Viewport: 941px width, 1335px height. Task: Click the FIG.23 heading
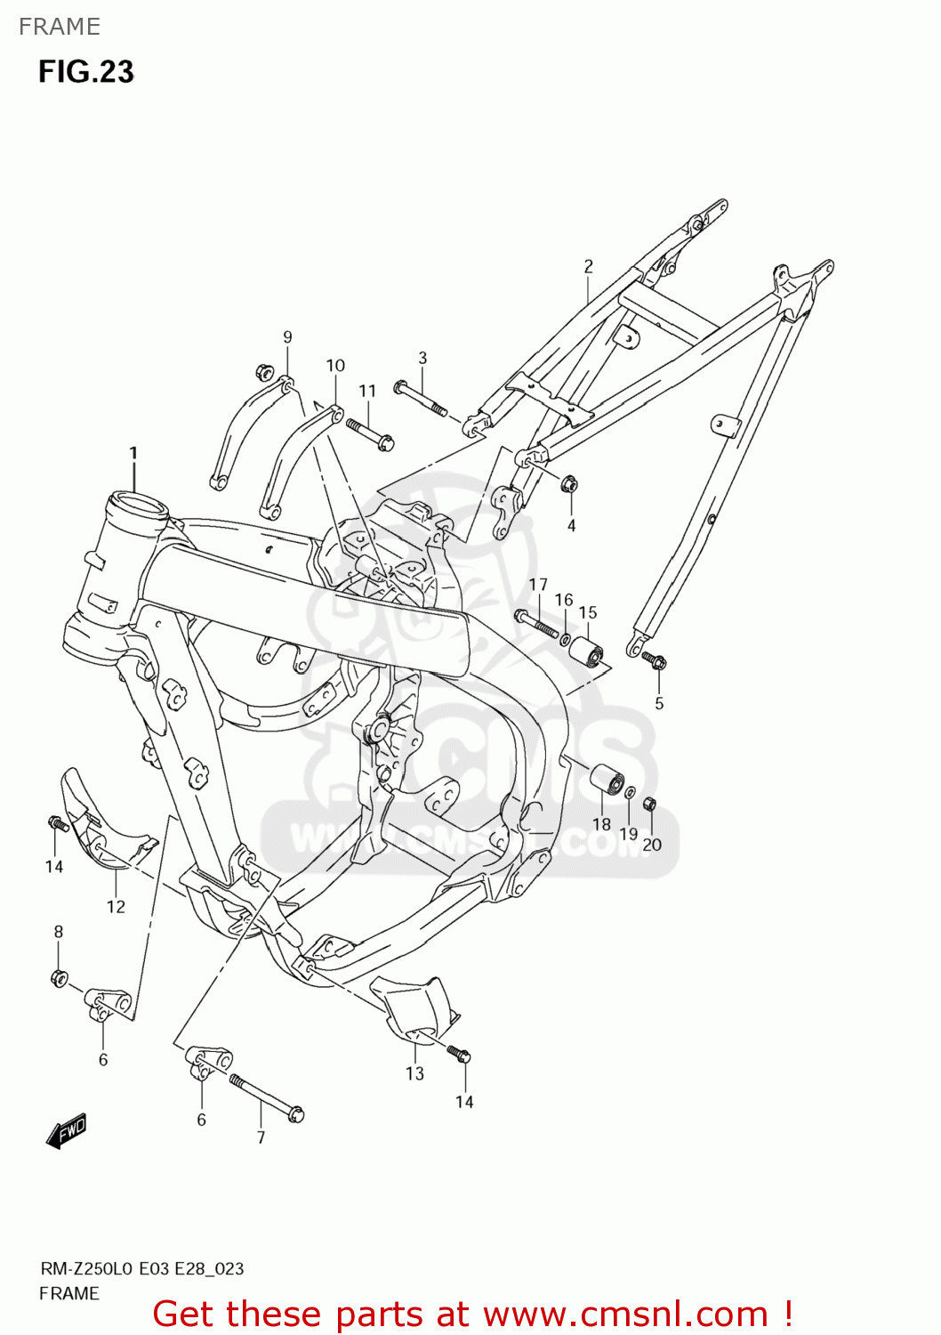(x=85, y=71)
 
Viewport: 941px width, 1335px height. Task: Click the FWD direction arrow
(x=67, y=1131)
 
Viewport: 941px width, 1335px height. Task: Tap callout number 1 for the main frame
(x=133, y=453)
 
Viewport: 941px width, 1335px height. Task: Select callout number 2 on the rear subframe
(x=588, y=266)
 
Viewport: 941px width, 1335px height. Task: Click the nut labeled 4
(x=569, y=484)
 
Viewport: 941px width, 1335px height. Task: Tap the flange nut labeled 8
(x=59, y=978)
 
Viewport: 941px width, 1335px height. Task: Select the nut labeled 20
(x=649, y=803)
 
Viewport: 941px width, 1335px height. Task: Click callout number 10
(x=335, y=365)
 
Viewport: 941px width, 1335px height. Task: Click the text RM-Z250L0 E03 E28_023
(x=141, y=1269)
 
